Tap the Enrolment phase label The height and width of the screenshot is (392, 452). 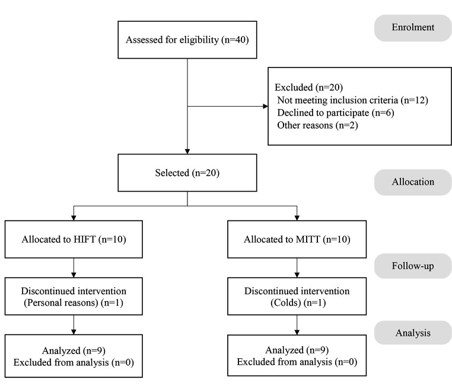tap(413, 28)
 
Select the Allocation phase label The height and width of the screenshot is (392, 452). tap(413, 182)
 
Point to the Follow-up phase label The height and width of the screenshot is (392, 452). tap(413, 266)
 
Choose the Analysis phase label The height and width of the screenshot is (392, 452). tap(413, 333)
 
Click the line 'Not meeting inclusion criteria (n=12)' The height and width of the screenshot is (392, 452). tap(352, 100)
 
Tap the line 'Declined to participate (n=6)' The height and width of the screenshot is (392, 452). tap(336, 113)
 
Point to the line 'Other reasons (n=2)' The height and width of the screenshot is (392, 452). tap(317, 126)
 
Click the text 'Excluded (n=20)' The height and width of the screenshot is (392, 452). tap(308, 88)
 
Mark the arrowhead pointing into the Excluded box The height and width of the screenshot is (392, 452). tap(266, 106)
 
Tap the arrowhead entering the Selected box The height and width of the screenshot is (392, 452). tap(187, 152)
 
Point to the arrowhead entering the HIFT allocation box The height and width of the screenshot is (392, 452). tap(74, 218)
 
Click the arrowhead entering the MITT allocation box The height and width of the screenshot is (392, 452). tap(297, 218)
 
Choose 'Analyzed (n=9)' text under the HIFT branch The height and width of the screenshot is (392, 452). tap(74, 351)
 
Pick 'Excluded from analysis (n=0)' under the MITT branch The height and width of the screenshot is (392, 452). tap(297, 362)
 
